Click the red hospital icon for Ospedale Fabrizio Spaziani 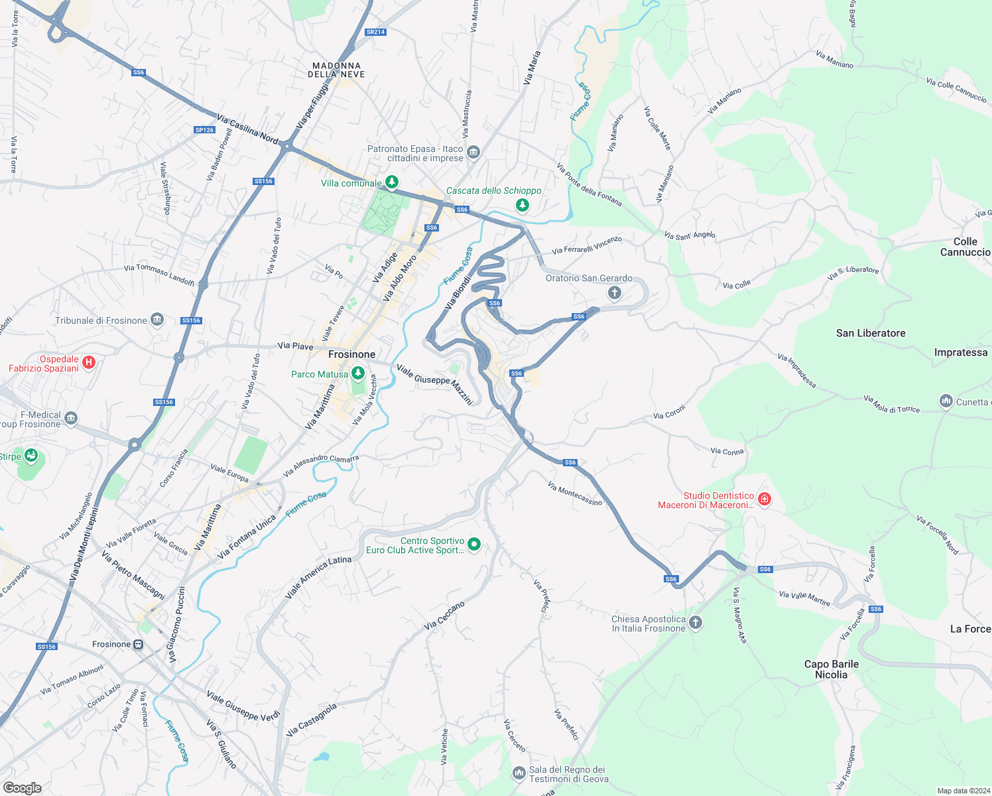(89, 362)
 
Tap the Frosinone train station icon (138, 645)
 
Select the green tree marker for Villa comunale (392, 182)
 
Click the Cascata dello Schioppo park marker (523, 205)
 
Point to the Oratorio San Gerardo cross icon (615, 293)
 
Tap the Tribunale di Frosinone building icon (157, 320)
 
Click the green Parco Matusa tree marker (358, 373)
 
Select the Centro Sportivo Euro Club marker (474, 545)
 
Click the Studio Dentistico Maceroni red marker (765, 499)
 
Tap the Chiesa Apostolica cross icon (696, 622)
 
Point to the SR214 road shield (375, 32)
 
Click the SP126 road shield (205, 130)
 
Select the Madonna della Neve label (336, 70)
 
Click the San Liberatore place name (871, 333)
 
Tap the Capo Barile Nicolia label (831, 669)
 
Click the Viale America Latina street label (318, 577)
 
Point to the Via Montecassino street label (575, 494)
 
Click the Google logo (22, 788)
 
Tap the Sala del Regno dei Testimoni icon (519, 773)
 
